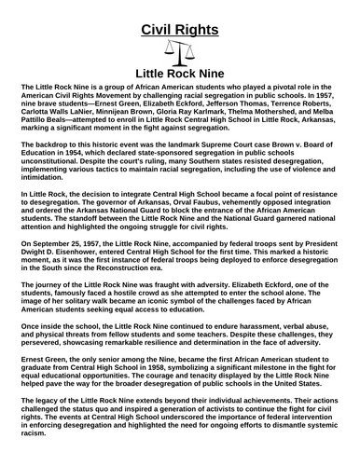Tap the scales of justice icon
179,51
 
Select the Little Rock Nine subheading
179,71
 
